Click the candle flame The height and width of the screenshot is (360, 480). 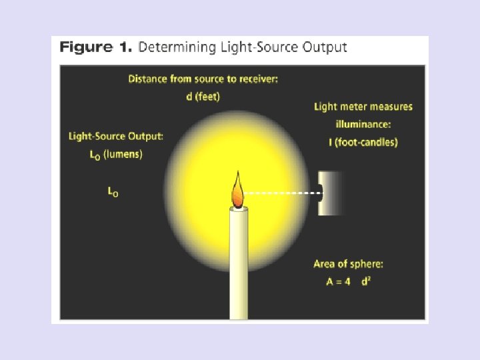[x=237, y=191]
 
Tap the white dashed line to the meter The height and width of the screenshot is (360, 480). [x=283, y=193]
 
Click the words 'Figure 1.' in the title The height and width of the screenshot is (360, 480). [x=96, y=47]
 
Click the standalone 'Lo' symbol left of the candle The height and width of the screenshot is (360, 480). [x=113, y=191]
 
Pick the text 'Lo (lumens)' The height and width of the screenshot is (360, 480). [x=115, y=154]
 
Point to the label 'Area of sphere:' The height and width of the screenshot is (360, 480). [x=348, y=264]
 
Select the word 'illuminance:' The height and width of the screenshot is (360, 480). [x=363, y=124]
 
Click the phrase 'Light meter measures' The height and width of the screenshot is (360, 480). [x=363, y=107]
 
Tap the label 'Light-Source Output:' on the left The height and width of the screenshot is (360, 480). [x=115, y=137]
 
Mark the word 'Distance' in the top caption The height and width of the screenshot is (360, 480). [x=148, y=79]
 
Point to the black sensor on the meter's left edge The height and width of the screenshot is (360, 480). [x=321, y=193]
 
